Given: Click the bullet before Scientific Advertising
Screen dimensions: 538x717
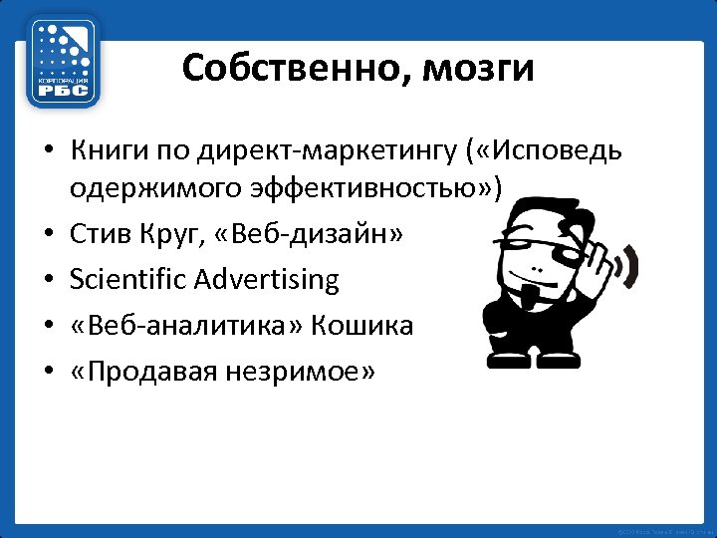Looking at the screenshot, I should coord(47,281).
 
